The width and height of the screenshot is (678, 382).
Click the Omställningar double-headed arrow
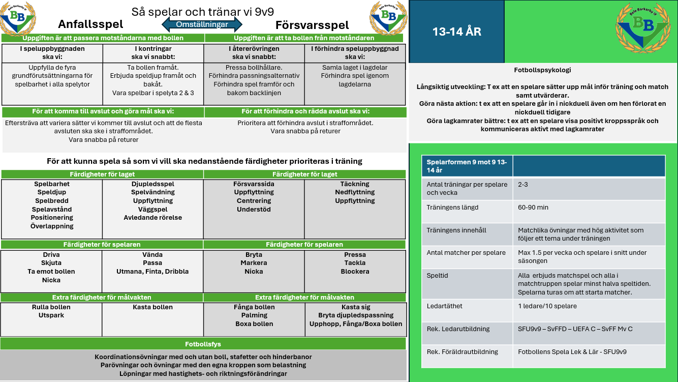pyautogui.click(x=202, y=24)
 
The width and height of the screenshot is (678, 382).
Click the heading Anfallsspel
pyautogui.click(x=90, y=24)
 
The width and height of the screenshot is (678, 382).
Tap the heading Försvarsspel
pyautogui.click(x=312, y=25)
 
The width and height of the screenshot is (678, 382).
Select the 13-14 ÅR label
pyautogui.click(x=457, y=32)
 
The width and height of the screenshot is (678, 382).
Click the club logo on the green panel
pyautogui.click(x=643, y=28)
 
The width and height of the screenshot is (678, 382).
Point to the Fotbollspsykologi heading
pyautogui.click(x=542, y=70)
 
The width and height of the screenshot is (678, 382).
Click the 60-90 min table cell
pyautogui.click(x=533, y=208)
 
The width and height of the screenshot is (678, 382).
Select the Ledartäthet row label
pyautogui.click(x=444, y=306)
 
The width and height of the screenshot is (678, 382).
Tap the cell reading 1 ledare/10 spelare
pyautogui.click(x=547, y=306)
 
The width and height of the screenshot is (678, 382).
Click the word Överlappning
pyautogui.click(x=52, y=226)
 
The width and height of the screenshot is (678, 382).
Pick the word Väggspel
pyautogui.click(x=153, y=210)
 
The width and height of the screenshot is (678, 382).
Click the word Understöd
pyautogui.click(x=254, y=210)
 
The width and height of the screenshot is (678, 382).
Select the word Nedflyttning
pyautogui.click(x=355, y=192)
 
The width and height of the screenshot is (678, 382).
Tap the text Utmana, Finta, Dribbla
pyautogui.click(x=152, y=272)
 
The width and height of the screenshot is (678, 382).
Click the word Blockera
pyautogui.click(x=355, y=272)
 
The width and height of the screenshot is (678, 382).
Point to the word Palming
pyautogui.click(x=254, y=315)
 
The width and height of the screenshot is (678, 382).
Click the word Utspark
pyautogui.click(x=51, y=315)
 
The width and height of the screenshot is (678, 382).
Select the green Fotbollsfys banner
pyautogui.click(x=203, y=344)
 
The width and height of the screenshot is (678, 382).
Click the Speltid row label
pyautogui.click(x=437, y=276)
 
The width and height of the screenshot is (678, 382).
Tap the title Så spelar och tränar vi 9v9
pyautogui.click(x=202, y=12)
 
